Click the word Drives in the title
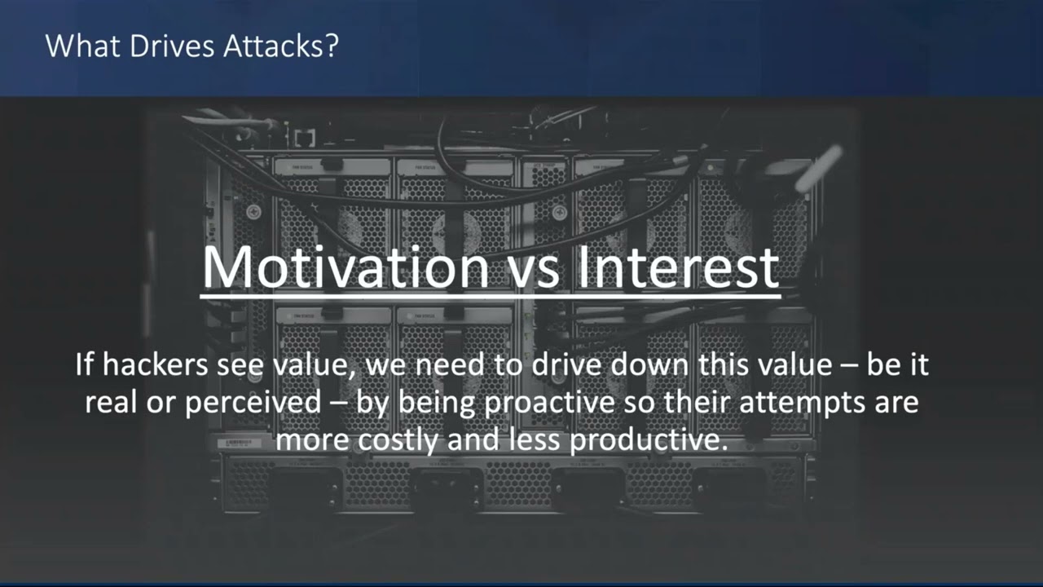tap(172, 46)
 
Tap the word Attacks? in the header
tap(281, 46)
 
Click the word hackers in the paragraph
tap(155, 364)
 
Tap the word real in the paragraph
tap(112, 402)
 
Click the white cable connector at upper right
tap(819, 168)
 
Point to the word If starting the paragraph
tap(84, 364)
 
